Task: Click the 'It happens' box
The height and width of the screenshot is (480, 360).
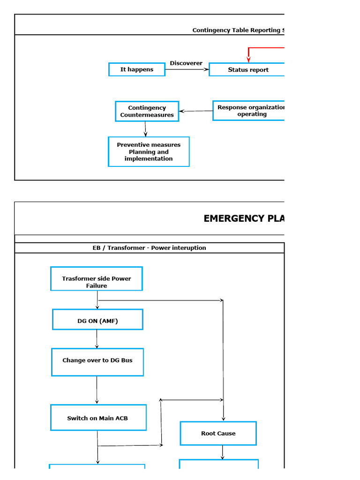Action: click(x=137, y=69)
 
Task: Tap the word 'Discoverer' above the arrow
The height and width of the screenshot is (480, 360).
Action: click(x=186, y=63)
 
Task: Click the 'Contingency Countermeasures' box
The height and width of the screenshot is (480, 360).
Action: click(x=147, y=112)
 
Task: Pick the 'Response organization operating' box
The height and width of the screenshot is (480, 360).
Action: click(x=248, y=111)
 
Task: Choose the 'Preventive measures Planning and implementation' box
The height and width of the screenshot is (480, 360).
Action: click(x=149, y=152)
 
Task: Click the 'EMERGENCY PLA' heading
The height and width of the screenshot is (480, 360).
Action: click(x=244, y=218)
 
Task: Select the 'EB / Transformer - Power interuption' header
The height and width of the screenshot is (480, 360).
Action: click(x=149, y=248)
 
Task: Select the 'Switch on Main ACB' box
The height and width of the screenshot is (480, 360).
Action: click(x=98, y=418)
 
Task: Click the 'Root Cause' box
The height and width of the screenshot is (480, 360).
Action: click(x=218, y=434)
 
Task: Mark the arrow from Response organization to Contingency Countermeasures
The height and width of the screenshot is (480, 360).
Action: click(x=196, y=111)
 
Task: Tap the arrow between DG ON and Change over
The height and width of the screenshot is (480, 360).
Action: click(x=97, y=339)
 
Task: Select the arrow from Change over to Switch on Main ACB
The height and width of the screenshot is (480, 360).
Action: click(x=97, y=390)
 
